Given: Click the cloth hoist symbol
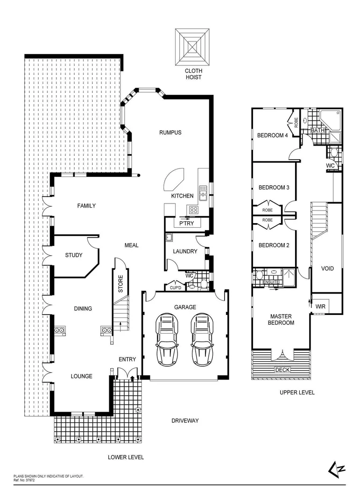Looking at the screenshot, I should (193, 47).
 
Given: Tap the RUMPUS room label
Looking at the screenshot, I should (170, 133).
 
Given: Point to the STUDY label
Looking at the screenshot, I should (74, 255).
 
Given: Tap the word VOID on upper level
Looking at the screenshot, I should (328, 268).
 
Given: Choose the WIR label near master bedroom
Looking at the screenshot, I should (321, 307).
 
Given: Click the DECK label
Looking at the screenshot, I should (282, 370).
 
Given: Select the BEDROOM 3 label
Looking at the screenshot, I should (274, 188).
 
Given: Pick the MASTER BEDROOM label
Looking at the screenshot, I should (282, 320).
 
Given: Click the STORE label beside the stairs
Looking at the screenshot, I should (120, 284).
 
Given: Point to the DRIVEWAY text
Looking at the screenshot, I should (184, 420).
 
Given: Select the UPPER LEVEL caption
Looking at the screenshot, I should (297, 392).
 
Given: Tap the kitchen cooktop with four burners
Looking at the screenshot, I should (193, 210).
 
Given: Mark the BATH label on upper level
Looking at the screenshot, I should (318, 131).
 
